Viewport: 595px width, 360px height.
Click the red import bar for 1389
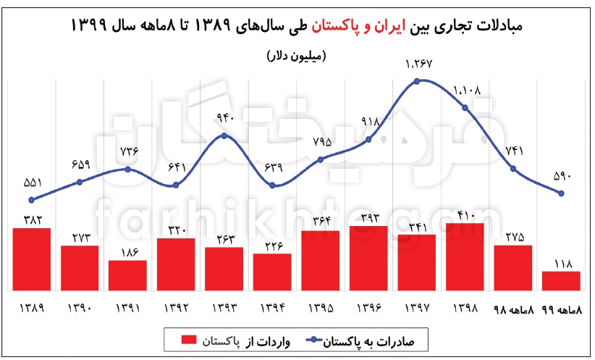[x=32, y=259]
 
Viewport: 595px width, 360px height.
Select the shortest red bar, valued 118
[x=561, y=281]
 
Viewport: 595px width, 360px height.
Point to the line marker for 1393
[x=224, y=135]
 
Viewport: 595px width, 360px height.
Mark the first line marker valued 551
[x=31, y=200]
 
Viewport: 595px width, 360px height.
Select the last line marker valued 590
[x=561, y=193]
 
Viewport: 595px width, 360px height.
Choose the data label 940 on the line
[x=224, y=117]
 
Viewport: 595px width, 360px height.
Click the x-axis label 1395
[x=321, y=307]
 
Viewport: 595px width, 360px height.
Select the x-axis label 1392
[x=176, y=307]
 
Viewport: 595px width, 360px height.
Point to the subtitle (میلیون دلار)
[x=297, y=56]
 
